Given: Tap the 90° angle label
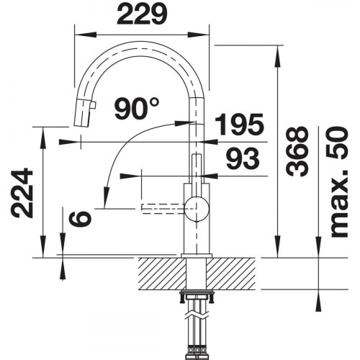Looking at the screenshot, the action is (136, 109).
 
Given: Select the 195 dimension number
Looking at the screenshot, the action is (239, 124).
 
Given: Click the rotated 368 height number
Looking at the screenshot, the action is (297, 151).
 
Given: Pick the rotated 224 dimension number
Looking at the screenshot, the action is (22, 193).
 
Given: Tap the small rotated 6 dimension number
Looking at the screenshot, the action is (81, 217).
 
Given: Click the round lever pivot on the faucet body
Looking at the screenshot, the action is (197, 208).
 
